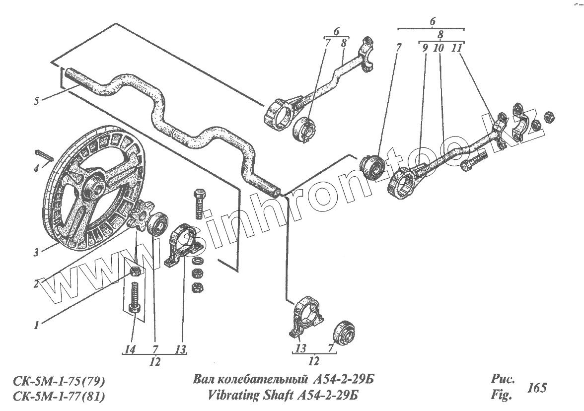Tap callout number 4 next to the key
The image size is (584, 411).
36,168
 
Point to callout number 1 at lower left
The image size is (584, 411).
36,325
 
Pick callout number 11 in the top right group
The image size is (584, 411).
457,49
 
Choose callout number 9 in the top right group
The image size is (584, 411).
425,49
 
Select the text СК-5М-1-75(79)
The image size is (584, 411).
59,381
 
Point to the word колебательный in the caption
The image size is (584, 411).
261,381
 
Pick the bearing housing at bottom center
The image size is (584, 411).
307,316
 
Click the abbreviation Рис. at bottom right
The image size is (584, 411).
501,380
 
